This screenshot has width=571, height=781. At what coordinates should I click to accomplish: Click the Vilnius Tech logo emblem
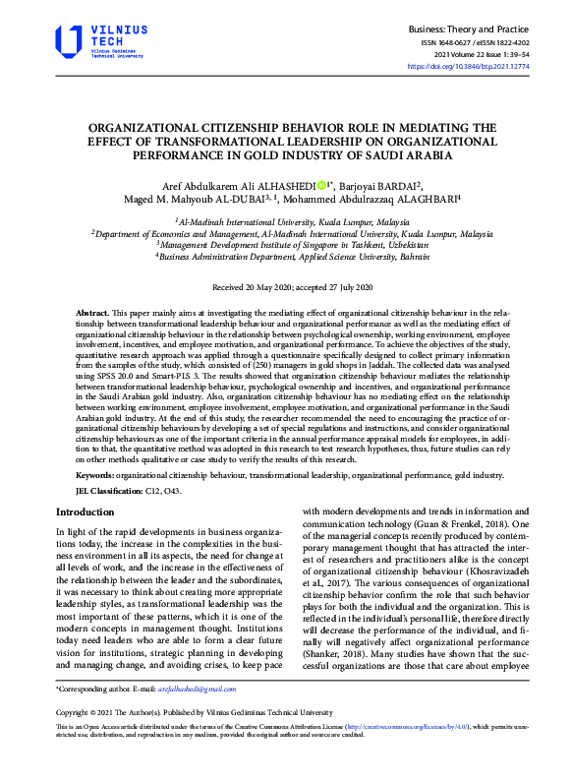click(69, 42)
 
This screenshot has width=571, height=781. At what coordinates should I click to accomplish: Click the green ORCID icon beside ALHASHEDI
click(321, 183)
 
